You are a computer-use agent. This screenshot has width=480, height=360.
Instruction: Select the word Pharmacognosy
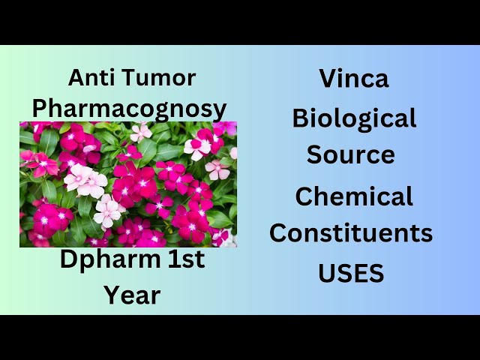(x=129, y=109)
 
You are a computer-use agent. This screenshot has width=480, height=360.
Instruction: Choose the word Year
(x=131, y=295)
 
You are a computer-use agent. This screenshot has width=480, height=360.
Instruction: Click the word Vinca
(x=354, y=78)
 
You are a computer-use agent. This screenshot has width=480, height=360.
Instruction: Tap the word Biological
(x=354, y=118)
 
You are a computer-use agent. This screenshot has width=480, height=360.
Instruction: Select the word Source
(x=351, y=154)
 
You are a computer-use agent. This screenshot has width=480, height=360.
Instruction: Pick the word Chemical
(x=354, y=196)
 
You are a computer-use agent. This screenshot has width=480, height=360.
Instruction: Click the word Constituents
(x=351, y=233)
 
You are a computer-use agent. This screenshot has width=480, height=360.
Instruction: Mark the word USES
(x=351, y=274)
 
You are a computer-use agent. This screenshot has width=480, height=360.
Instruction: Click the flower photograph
(x=128, y=184)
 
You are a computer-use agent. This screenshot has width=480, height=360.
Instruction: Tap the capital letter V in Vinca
(x=328, y=78)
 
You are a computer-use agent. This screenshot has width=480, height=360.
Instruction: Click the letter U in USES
(x=327, y=274)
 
